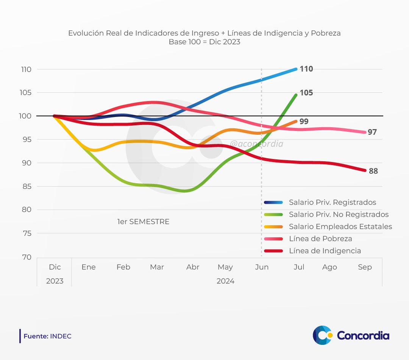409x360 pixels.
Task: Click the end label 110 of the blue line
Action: (306, 69)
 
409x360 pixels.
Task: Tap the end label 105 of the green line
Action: (306, 93)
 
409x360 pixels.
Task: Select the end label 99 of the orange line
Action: (304, 122)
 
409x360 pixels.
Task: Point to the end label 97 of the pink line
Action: (372, 132)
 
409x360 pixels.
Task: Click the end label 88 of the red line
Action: (373, 171)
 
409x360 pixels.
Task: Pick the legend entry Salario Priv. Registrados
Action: (332, 203)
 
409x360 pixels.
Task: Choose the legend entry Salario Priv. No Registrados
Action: (338, 215)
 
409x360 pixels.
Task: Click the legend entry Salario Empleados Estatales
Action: (340, 227)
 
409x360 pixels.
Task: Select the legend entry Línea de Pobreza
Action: (320, 239)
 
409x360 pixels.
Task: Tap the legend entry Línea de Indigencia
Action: (325, 251)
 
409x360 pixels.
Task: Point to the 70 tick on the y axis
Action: (27, 257)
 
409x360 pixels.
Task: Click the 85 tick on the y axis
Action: (27, 187)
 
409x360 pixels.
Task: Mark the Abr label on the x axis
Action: (193, 267)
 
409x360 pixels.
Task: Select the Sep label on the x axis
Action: (365, 267)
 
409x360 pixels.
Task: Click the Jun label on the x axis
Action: (262, 267)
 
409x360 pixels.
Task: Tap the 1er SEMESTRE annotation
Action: (143, 222)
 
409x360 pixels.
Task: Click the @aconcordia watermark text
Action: (257, 144)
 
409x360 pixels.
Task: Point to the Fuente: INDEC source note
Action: (47, 336)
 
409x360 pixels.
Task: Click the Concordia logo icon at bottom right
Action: (322, 335)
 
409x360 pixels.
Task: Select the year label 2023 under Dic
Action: (55, 281)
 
